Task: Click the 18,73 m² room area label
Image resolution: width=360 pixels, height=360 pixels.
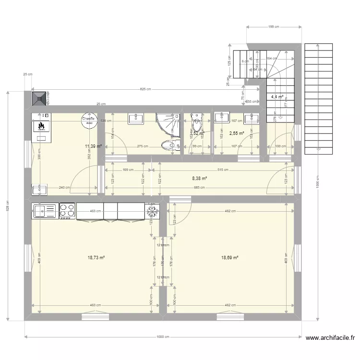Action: [x=96, y=258]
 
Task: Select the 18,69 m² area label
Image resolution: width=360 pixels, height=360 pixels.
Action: [x=229, y=258]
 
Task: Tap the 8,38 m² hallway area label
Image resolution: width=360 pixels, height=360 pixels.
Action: [x=199, y=179]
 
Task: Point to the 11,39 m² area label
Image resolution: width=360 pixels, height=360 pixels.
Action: [x=93, y=146]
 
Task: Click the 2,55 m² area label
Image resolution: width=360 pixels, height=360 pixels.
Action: [x=237, y=133]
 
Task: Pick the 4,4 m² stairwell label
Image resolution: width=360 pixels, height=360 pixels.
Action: [x=277, y=97]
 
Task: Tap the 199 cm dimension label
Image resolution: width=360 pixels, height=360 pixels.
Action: [x=274, y=27]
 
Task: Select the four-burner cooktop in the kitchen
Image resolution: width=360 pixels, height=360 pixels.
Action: [x=67, y=210]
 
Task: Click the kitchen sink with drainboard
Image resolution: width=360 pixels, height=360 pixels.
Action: [x=45, y=210]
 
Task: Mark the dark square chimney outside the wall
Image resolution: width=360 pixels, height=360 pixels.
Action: [x=39, y=98]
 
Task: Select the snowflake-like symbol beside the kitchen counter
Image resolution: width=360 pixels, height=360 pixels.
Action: [x=152, y=210]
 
